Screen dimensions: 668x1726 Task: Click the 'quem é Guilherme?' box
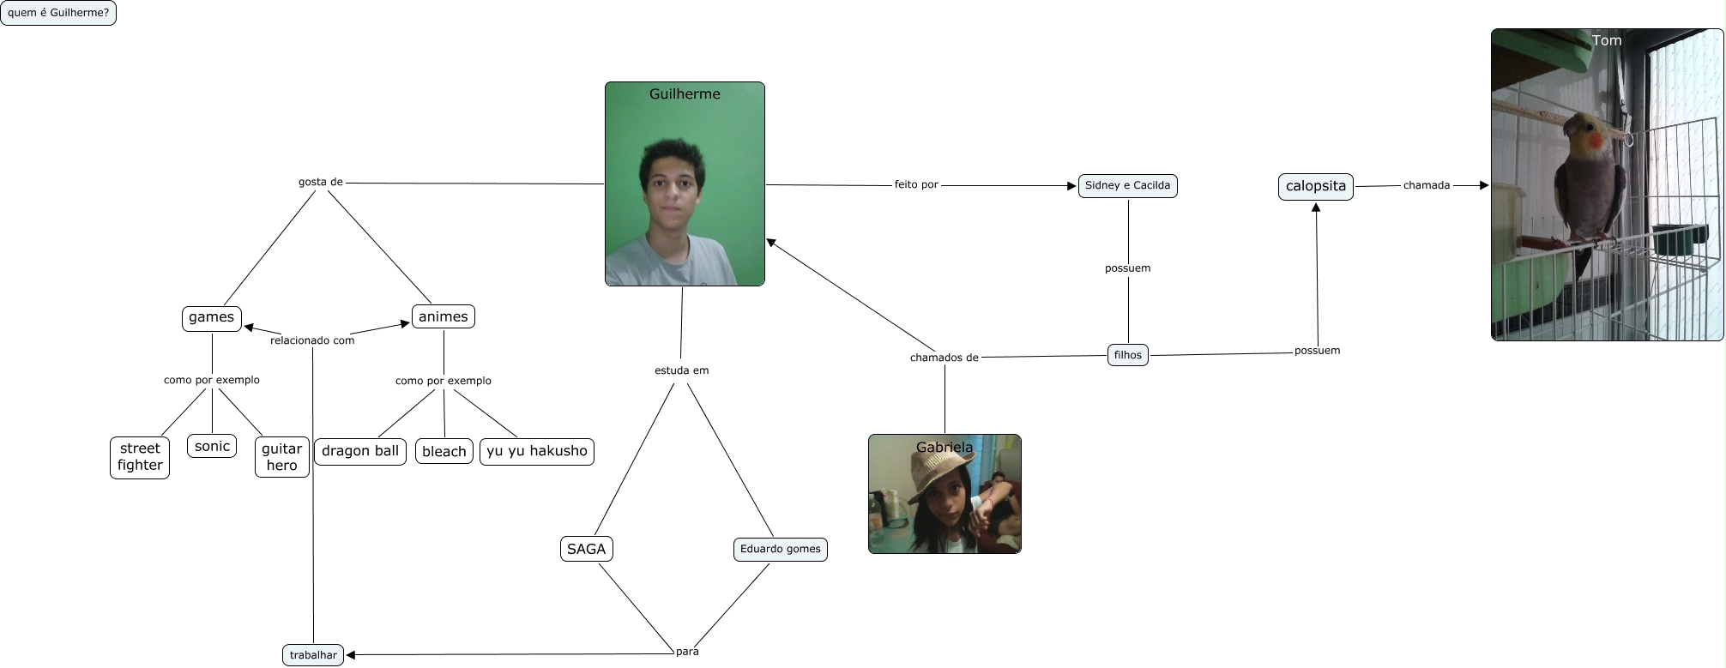[58, 13]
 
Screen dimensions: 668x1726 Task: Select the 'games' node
[211, 318]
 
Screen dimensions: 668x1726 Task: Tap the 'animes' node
[443, 317]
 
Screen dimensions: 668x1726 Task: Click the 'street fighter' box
[140, 457]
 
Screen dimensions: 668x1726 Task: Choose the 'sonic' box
[212, 447]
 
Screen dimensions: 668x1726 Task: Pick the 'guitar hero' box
[281, 457]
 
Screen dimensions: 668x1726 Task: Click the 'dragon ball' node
[360, 451]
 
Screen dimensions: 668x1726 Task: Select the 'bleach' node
[444, 452]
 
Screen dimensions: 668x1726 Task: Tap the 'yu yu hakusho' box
[537, 451]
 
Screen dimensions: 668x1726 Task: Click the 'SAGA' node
[586, 549]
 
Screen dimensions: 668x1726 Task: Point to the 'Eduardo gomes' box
[780, 549]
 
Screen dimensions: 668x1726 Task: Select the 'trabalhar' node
[313, 655]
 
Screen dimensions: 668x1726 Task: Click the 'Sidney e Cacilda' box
[1127, 185]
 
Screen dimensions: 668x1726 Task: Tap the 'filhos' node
[1128, 355]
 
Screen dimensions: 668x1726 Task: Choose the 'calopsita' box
[1315, 186]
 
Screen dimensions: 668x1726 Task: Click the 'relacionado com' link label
[312, 340]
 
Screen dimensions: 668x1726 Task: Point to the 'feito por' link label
[916, 184]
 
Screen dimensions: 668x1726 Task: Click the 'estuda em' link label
[681, 370]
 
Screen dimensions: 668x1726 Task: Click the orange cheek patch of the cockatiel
[1589, 138]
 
